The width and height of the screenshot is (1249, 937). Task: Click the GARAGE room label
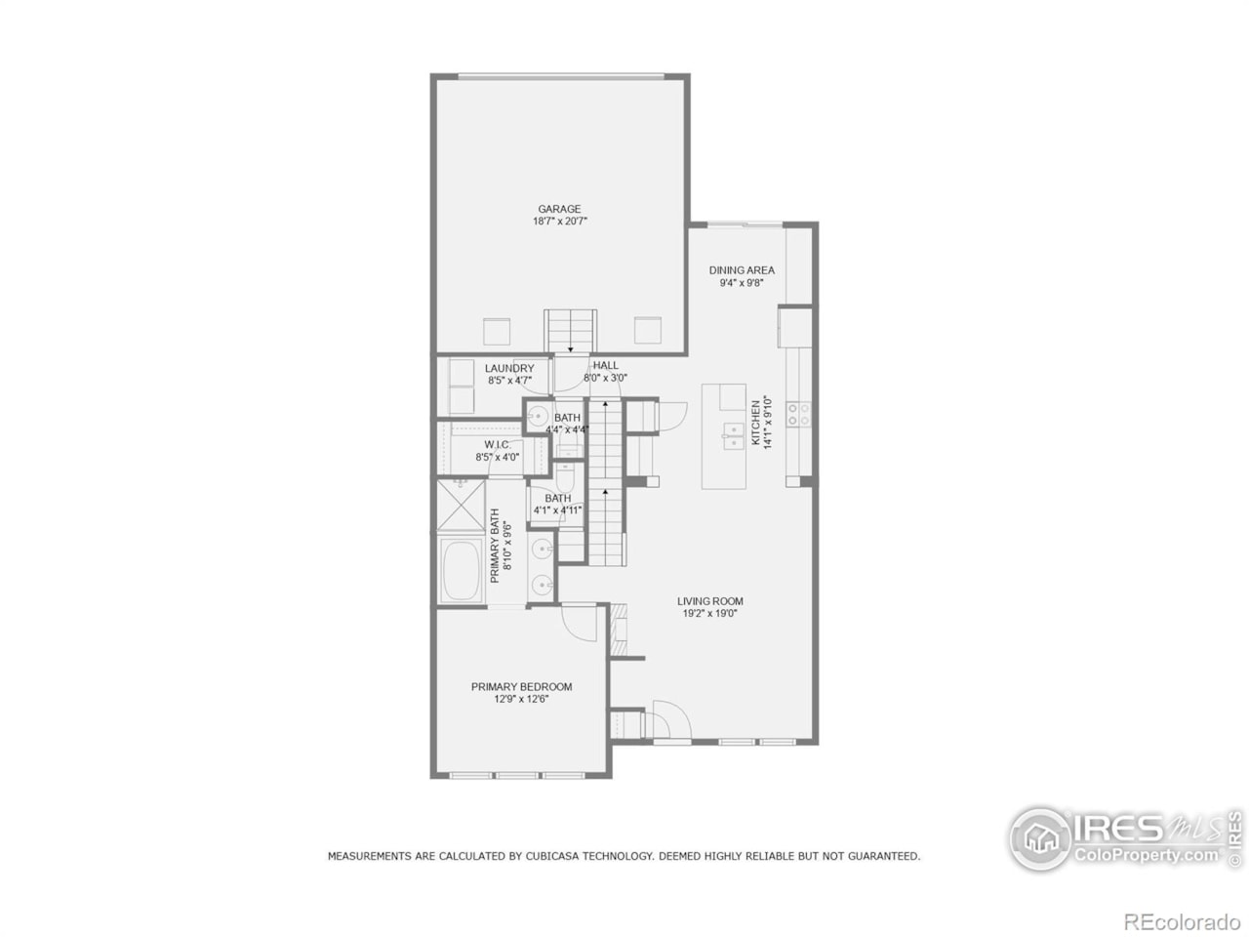coord(559,209)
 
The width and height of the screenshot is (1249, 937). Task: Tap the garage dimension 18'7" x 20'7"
coord(559,222)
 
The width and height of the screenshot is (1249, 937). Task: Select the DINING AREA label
coord(742,270)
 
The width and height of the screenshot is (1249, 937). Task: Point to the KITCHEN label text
coord(755,422)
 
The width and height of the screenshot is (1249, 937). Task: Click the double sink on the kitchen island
coord(733,436)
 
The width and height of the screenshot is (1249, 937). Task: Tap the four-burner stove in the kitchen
coord(798,414)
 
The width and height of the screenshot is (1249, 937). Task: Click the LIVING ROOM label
coord(710,601)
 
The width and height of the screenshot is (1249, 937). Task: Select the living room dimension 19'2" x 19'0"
coord(710,614)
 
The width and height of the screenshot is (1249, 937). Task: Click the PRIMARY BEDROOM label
coord(521,686)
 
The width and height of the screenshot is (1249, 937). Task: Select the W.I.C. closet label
coord(497,444)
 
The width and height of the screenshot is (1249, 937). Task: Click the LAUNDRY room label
coord(509,368)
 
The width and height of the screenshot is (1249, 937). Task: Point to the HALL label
coord(605,365)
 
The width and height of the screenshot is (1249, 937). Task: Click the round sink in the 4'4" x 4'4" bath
coord(537,417)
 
